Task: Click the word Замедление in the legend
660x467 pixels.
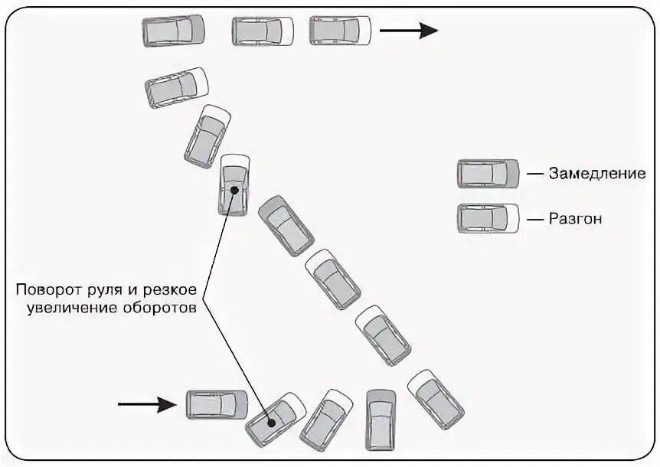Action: click(597, 174)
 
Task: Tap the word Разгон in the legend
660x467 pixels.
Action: click(576, 219)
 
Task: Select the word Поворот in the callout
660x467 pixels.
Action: click(44, 290)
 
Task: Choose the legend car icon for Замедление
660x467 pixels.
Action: click(488, 174)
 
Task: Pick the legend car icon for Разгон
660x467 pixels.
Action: click(488, 219)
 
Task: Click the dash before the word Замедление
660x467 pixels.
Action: click(534, 174)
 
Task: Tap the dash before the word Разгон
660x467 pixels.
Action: click(534, 219)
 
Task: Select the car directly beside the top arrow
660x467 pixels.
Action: click(340, 31)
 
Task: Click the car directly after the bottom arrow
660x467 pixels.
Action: click(217, 403)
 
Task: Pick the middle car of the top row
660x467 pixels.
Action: click(263, 31)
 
